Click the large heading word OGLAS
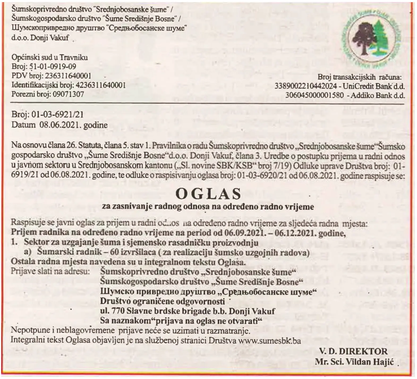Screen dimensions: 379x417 tap(208, 194)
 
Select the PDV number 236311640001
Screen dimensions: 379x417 tap(68, 76)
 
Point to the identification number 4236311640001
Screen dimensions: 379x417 tap(101, 85)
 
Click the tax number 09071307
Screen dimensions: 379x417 tap(67, 94)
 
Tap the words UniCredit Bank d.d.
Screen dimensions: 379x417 tap(374, 86)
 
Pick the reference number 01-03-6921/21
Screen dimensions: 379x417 tap(57, 115)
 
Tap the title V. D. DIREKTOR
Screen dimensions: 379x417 tap(354, 351)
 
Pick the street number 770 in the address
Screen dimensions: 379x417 tap(118, 311)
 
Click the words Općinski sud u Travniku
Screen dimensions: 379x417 tap(50, 57)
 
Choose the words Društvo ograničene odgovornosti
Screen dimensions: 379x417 tap(163, 301)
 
